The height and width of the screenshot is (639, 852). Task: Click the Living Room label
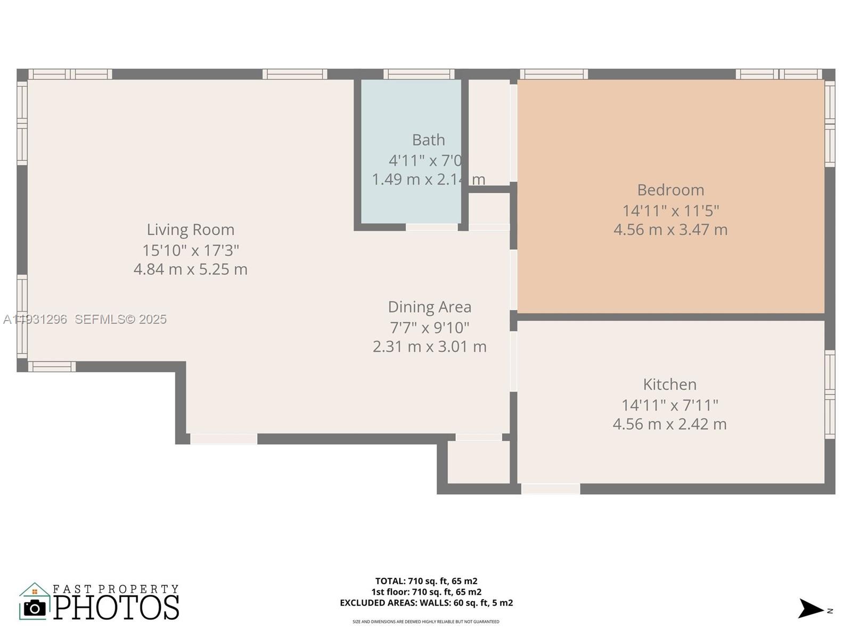click(191, 230)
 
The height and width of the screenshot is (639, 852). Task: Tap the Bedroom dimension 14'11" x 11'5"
click(670, 210)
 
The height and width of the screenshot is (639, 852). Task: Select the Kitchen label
click(669, 384)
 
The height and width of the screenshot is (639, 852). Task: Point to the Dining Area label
click(429, 307)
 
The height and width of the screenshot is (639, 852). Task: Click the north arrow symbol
click(811, 609)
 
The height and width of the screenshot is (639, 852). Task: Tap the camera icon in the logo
click(35, 608)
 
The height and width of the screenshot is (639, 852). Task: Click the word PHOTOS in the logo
click(117, 608)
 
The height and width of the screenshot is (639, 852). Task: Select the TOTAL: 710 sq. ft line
click(426, 581)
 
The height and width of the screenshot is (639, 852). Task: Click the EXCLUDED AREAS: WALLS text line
click(426, 603)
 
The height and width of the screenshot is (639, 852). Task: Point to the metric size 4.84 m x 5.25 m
click(191, 269)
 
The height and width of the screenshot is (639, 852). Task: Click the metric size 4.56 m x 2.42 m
click(669, 424)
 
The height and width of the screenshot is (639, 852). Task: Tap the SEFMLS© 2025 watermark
click(120, 319)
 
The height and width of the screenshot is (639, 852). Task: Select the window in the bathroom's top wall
click(419, 74)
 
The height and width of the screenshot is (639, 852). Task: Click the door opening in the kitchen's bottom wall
click(551, 488)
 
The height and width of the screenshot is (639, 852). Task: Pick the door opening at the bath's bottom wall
click(431, 227)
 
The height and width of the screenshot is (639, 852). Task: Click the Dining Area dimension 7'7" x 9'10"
click(429, 327)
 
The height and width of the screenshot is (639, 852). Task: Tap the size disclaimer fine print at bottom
click(426, 621)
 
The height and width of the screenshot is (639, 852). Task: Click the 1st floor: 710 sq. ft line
click(426, 592)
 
